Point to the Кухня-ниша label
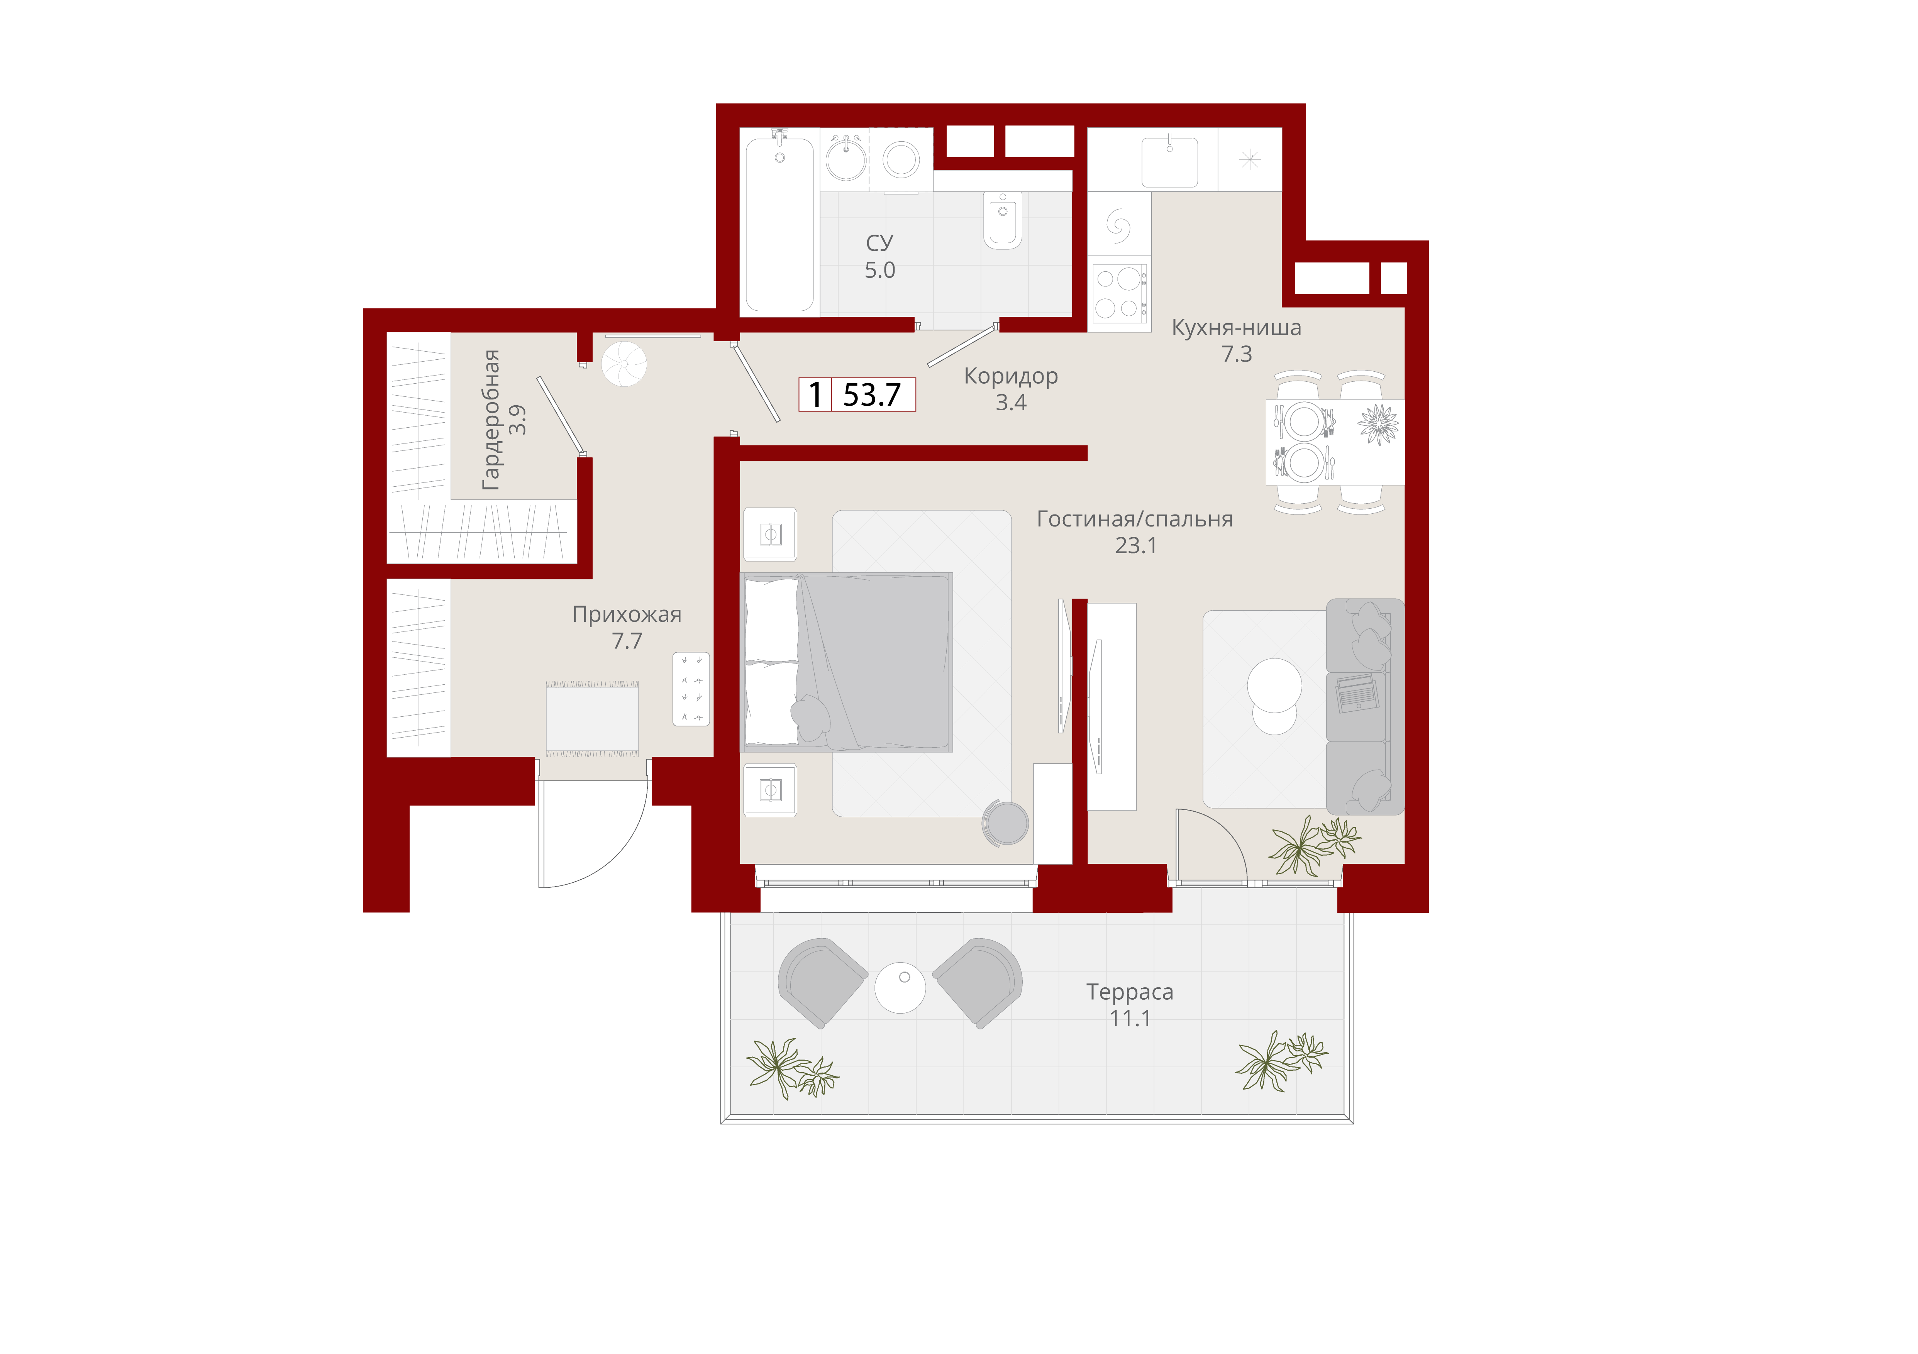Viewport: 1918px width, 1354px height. (x=1236, y=327)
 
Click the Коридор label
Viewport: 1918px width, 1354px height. (x=1011, y=377)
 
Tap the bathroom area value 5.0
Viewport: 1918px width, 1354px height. (x=879, y=271)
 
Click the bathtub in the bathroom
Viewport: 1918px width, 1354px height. (x=779, y=224)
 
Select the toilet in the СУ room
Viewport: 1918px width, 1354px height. (x=1003, y=220)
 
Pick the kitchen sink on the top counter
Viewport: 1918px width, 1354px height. (x=1169, y=161)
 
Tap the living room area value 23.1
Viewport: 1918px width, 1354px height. (x=1136, y=545)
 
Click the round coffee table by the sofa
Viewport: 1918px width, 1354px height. (x=1274, y=685)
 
